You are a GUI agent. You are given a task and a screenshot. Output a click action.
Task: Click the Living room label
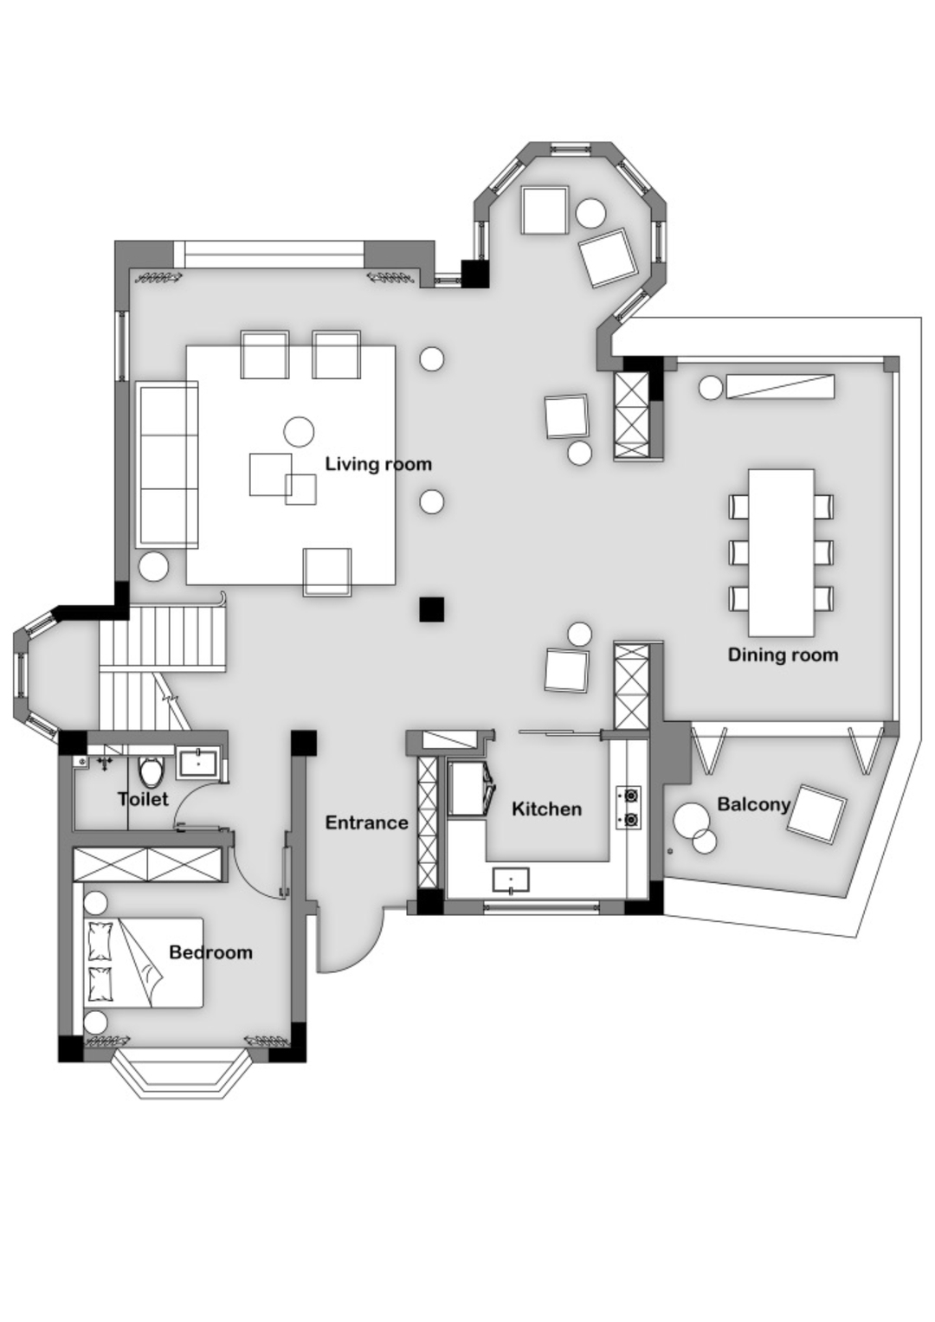point(378,464)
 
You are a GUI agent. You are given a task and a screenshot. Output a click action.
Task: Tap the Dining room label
point(783,655)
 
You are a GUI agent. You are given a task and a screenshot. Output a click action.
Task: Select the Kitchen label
point(546,809)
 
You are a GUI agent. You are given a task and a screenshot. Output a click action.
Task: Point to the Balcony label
point(753,805)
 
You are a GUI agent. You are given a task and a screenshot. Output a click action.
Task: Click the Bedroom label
point(210,952)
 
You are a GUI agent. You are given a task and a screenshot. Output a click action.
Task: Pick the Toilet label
point(144,799)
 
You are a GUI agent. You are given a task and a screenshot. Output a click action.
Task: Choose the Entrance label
point(366,822)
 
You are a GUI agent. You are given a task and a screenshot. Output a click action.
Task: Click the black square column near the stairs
point(431,609)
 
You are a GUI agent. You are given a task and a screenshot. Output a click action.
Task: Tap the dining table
point(781,552)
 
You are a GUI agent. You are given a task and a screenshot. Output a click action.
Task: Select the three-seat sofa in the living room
point(167,464)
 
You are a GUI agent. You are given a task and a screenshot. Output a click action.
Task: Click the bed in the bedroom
point(144,962)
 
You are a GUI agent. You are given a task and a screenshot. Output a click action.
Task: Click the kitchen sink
point(511,880)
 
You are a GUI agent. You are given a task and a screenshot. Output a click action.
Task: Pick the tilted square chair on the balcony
point(816,812)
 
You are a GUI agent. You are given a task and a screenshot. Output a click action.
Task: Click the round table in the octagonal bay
point(590,213)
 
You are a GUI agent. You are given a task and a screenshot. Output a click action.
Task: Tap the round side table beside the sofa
point(153,566)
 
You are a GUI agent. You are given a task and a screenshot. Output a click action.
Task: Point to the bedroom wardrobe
point(147,865)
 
